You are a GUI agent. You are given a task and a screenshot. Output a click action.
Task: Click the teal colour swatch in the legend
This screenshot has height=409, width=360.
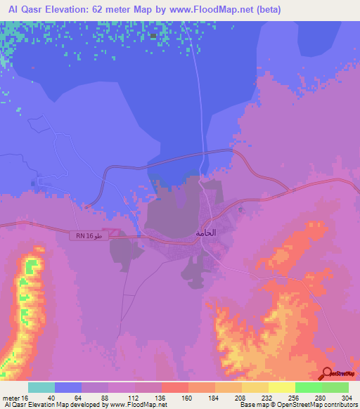(41, 387)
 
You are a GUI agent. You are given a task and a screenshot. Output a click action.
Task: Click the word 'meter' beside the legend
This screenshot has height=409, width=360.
(9, 397)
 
